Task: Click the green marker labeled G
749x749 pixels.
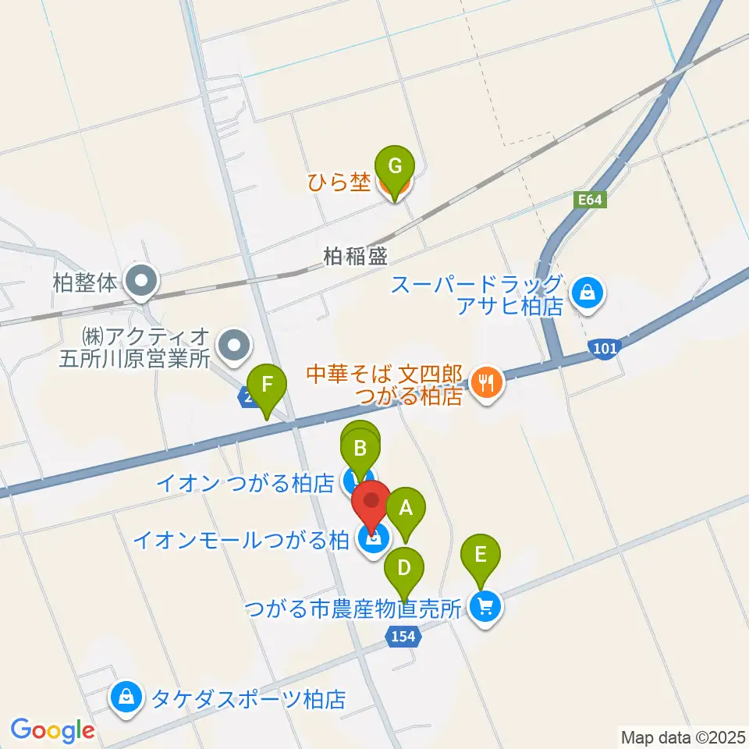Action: (x=395, y=166)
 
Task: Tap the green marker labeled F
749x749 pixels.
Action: (x=266, y=385)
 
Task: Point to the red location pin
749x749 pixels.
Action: (x=371, y=502)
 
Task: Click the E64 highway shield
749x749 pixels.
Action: (x=591, y=200)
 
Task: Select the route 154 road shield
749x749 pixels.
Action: (x=403, y=637)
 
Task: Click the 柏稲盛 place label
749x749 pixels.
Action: (x=357, y=255)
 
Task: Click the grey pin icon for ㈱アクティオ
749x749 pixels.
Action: (x=233, y=344)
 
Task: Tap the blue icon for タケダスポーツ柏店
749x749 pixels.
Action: (x=126, y=697)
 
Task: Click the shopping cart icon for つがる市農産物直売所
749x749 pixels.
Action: (x=486, y=608)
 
